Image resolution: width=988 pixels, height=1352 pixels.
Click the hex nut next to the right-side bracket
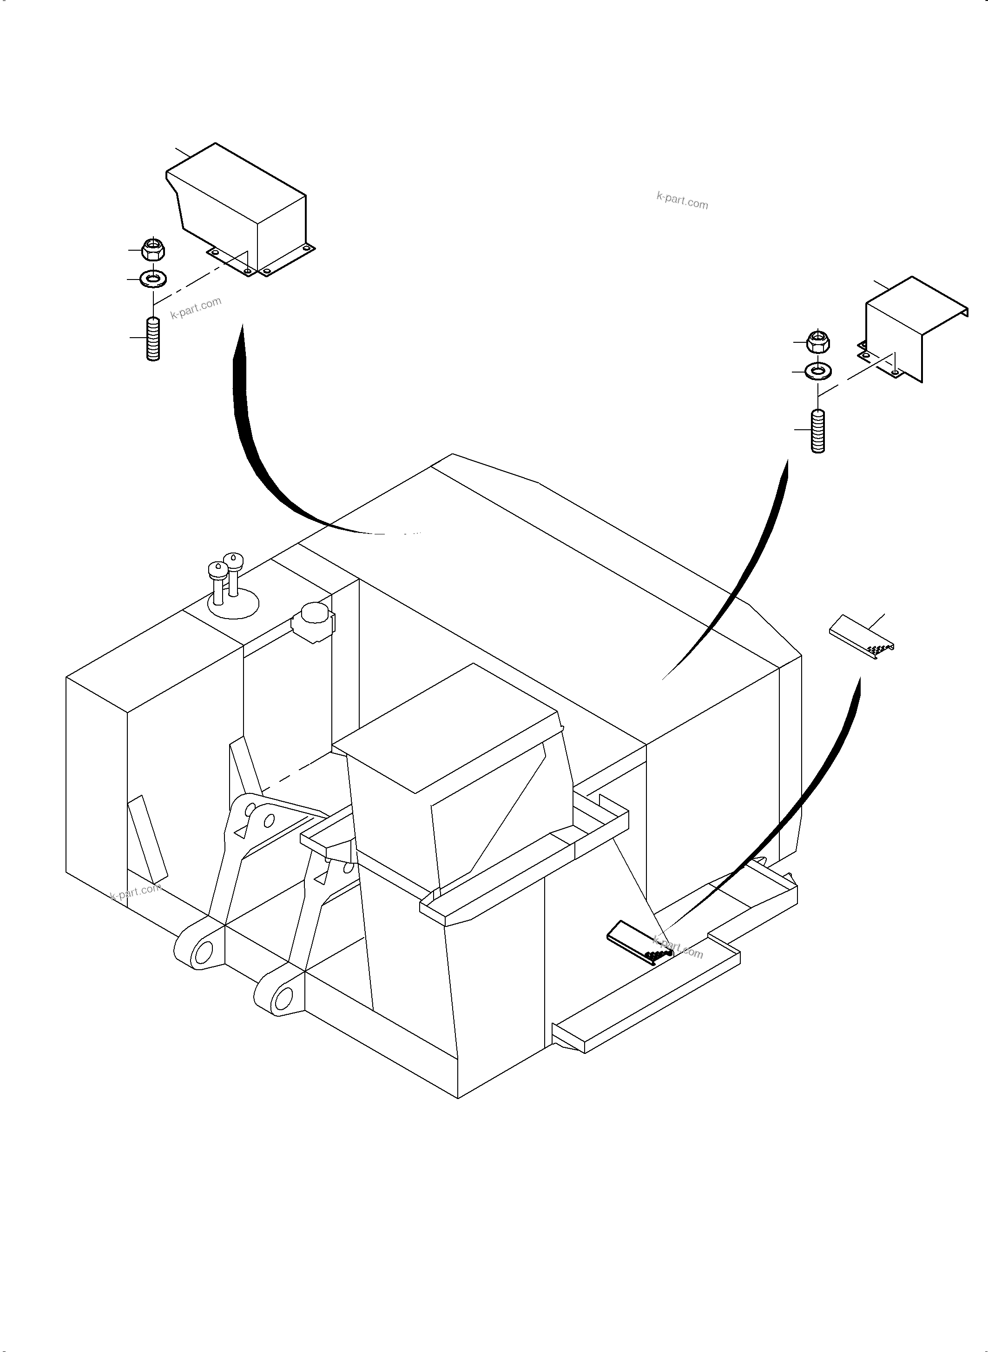coord(817,342)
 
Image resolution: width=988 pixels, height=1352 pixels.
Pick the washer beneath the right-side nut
coord(817,372)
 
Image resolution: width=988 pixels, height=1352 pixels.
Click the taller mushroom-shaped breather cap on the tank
coord(233,563)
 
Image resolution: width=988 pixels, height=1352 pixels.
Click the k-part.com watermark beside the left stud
coord(196,307)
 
